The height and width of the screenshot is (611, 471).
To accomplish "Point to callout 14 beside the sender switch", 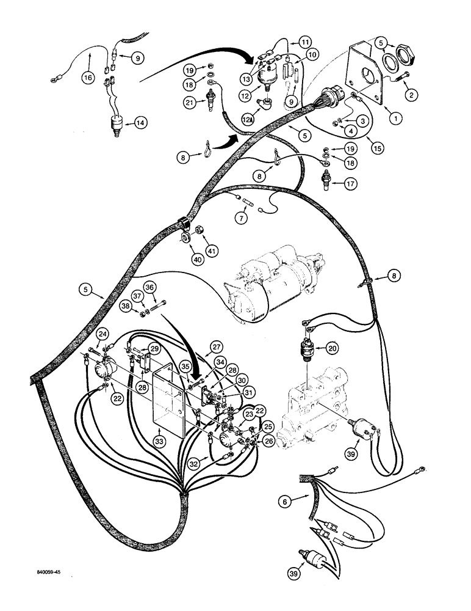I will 140,122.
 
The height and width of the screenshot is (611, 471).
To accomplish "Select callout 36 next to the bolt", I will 149,287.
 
